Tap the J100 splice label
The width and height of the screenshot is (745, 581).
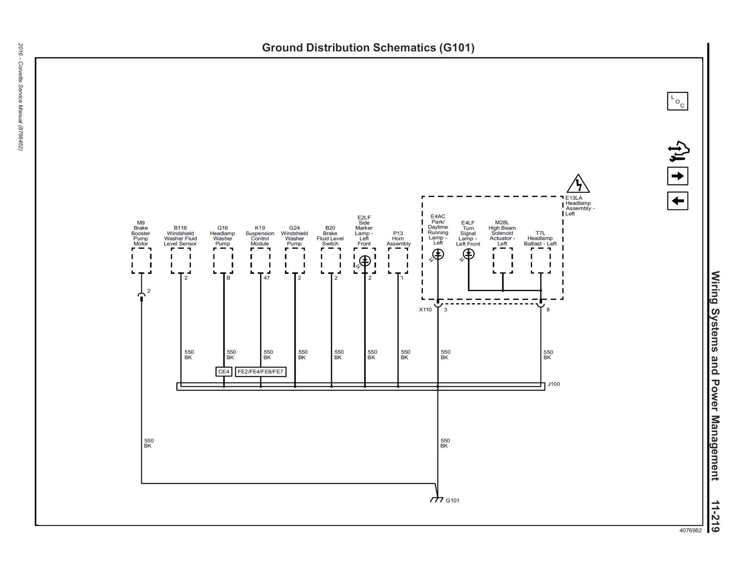coord(554,384)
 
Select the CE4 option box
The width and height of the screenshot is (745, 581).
coord(224,372)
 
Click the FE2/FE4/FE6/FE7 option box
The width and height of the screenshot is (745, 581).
coord(260,372)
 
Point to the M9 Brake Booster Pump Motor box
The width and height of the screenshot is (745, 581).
coord(142,261)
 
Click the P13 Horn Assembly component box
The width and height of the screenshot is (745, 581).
coord(398,261)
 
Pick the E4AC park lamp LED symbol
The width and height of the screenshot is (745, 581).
coord(438,255)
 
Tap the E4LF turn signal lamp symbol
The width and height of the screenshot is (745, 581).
coord(469,255)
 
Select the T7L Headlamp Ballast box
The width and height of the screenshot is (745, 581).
coord(540,261)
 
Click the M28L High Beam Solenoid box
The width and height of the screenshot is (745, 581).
coord(503,261)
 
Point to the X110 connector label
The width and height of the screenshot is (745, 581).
coord(425,310)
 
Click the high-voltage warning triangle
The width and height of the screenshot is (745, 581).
coord(578,184)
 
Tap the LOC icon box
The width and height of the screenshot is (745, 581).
coord(677,101)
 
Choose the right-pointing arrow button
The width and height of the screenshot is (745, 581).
coord(677,176)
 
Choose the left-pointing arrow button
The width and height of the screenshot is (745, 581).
coord(677,201)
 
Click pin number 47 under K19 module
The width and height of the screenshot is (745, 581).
coord(267,278)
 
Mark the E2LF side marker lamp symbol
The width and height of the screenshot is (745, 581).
coord(365,261)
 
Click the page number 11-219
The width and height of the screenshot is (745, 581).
coord(715,517)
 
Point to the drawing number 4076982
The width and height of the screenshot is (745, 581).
coord(690,530)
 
